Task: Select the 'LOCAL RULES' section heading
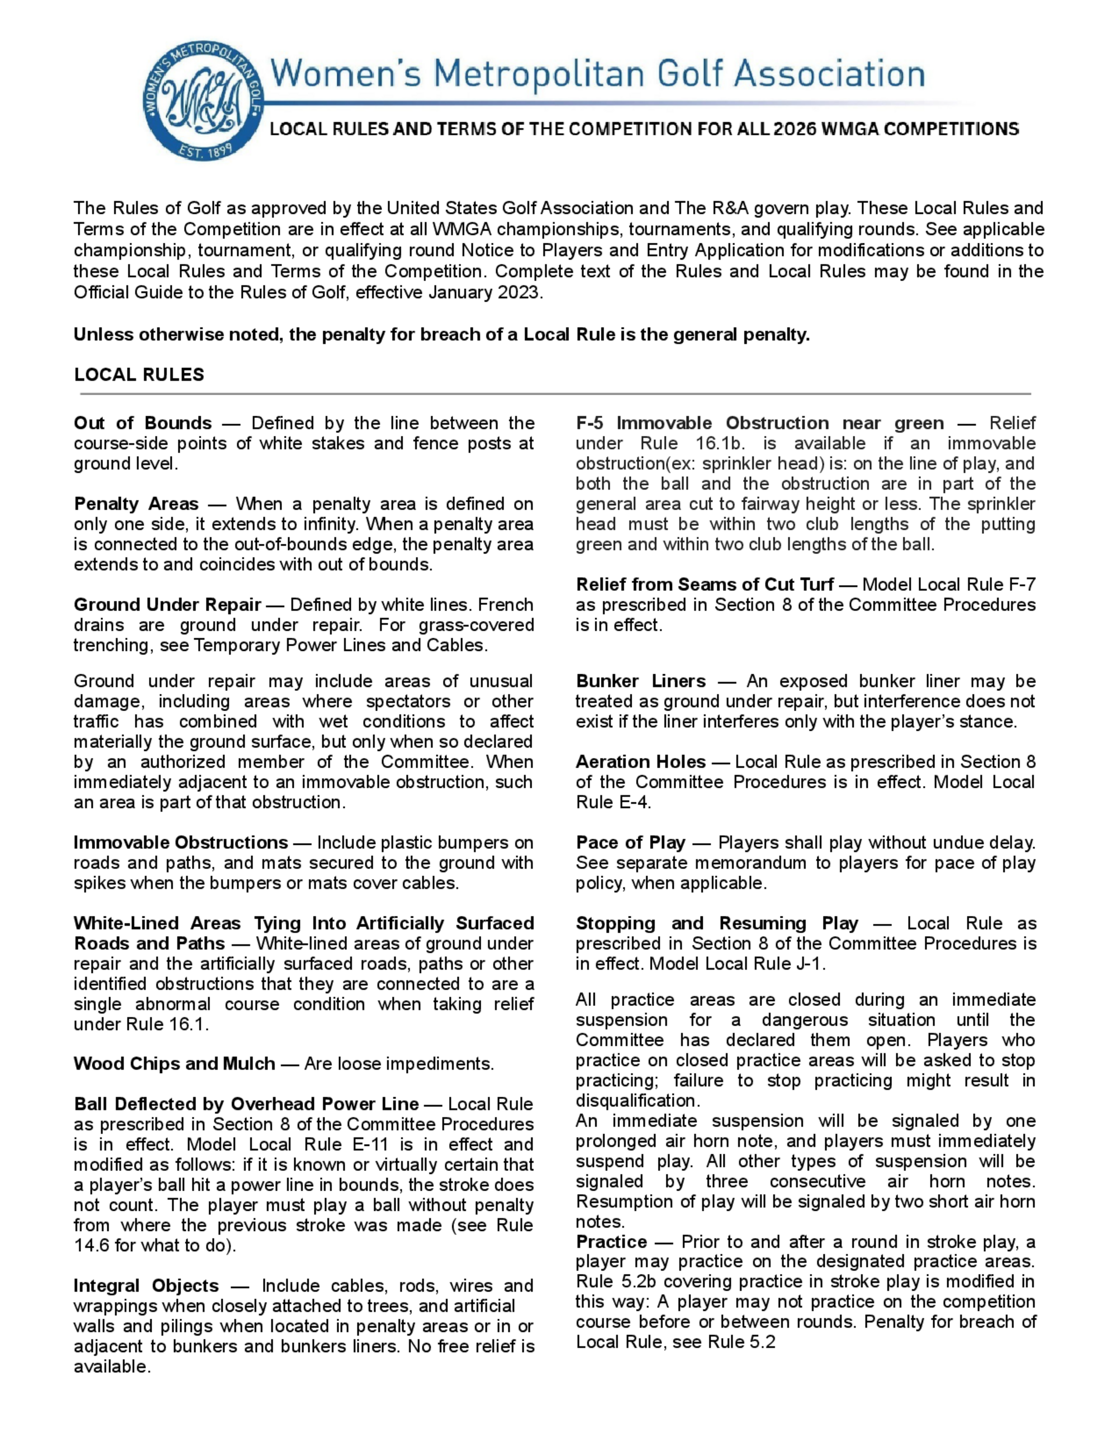coord(139,375)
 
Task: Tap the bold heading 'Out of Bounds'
coord(143,423)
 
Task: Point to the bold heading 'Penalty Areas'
coord(136,504)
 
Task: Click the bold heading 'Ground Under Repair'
coord(167,605)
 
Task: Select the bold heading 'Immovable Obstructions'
coord(180,843)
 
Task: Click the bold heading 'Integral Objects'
coord(146,1286)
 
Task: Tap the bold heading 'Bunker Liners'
coord(641,681)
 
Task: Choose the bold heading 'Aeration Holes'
coord(641,762)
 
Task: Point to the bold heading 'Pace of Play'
coord(630,843)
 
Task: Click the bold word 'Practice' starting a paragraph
coord(611,1242)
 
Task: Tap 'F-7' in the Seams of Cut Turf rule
coord(1022,585)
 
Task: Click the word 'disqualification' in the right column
coord(636,1101)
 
